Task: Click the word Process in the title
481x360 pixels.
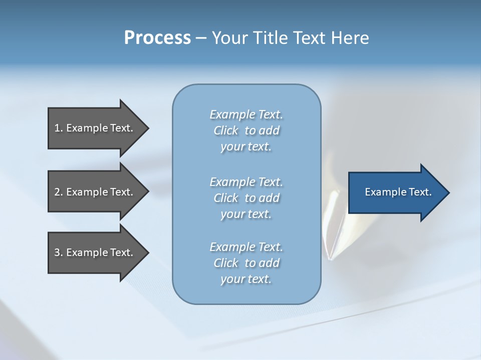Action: click(x=157, y=38)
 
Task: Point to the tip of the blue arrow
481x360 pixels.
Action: click(x=448, y=192)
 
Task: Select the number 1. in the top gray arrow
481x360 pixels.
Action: click(x=58, y=128)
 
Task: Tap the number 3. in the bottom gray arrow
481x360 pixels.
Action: click(x=58, y=252)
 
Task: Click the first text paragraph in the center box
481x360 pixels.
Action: click(x=246, y=130)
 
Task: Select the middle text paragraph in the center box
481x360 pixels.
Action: click(x=246, y=198)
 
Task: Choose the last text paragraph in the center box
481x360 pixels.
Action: click(x=246, y=263)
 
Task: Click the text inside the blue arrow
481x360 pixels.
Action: click(x=398, y=192)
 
